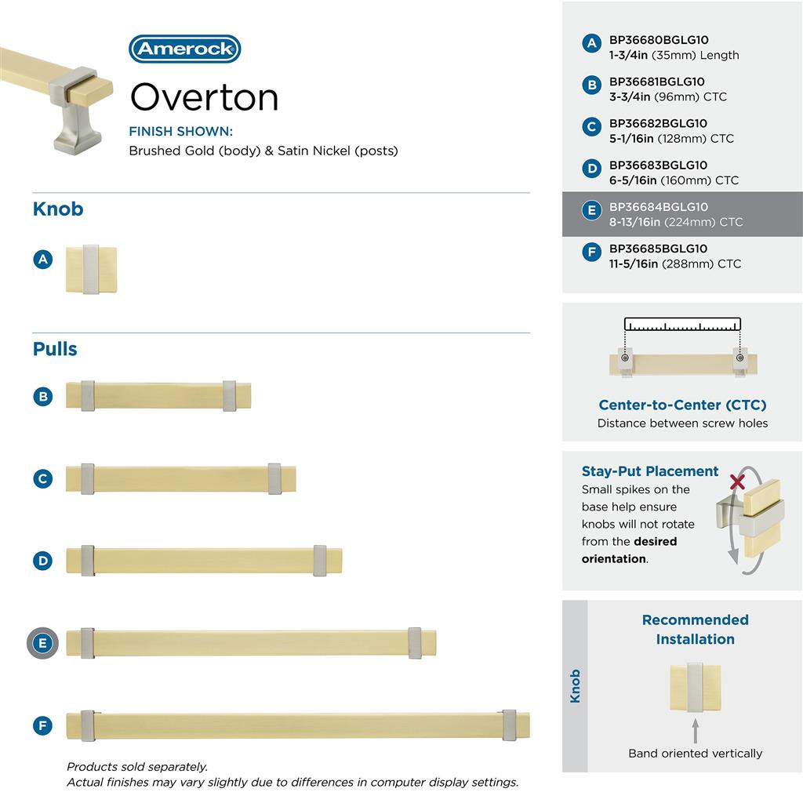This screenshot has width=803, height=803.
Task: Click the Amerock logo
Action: tap(184, 49)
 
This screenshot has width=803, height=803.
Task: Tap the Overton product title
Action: tap(204, 97)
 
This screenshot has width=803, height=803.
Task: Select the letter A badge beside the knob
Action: tap(43, 259)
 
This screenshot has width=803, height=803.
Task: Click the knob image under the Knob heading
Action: tap(91, 270)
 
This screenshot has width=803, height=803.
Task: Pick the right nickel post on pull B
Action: tap(229, 396)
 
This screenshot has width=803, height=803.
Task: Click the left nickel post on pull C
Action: tap(87, 478)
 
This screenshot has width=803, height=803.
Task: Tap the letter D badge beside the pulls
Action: tap(43, 561)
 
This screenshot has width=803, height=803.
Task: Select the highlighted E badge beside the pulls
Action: tap(43, 644)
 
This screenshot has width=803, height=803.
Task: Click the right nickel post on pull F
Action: tap(509, 725)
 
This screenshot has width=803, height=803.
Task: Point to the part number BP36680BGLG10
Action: tap(659, 40)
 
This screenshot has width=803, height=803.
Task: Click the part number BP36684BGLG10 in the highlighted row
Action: tap(659, 207)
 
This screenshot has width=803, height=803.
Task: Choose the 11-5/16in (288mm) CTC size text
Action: tap(675, 263)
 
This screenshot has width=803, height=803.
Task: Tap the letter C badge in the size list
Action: tap(592, 126)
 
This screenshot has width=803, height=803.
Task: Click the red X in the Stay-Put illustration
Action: tap(737, 481)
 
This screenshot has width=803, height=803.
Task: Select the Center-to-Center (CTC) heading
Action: tap(682, 405)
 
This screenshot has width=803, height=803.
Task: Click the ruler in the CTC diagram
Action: tap(682, 325)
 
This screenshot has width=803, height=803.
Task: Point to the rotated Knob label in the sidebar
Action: tap(576, 685)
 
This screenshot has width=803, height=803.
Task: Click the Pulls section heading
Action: tap(55, 349)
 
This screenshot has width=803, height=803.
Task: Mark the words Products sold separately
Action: tap(137, 767)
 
